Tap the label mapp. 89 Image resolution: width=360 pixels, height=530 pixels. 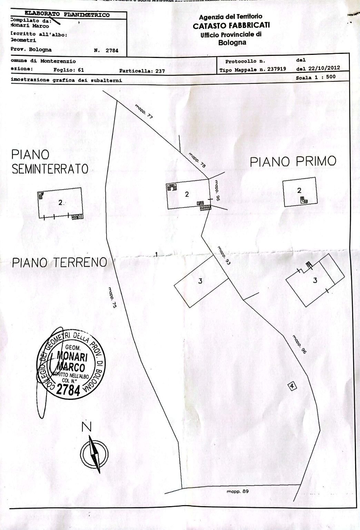238,491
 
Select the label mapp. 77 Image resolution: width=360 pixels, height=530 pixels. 144,112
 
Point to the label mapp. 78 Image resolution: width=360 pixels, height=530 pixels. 197,160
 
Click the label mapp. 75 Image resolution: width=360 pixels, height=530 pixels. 112,297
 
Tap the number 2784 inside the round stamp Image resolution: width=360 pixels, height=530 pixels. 68,390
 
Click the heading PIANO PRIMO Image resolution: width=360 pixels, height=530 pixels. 293,161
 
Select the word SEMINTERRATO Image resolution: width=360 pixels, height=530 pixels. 50,169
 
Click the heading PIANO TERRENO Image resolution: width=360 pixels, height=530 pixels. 59,263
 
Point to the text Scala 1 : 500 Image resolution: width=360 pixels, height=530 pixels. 316,77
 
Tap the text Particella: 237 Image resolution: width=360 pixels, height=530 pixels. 142,71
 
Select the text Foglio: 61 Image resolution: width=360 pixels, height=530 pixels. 69,70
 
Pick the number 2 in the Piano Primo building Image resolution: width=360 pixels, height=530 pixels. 299,190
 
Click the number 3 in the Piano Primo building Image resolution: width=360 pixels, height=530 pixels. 315,281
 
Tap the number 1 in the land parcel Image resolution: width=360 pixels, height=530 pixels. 157,254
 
